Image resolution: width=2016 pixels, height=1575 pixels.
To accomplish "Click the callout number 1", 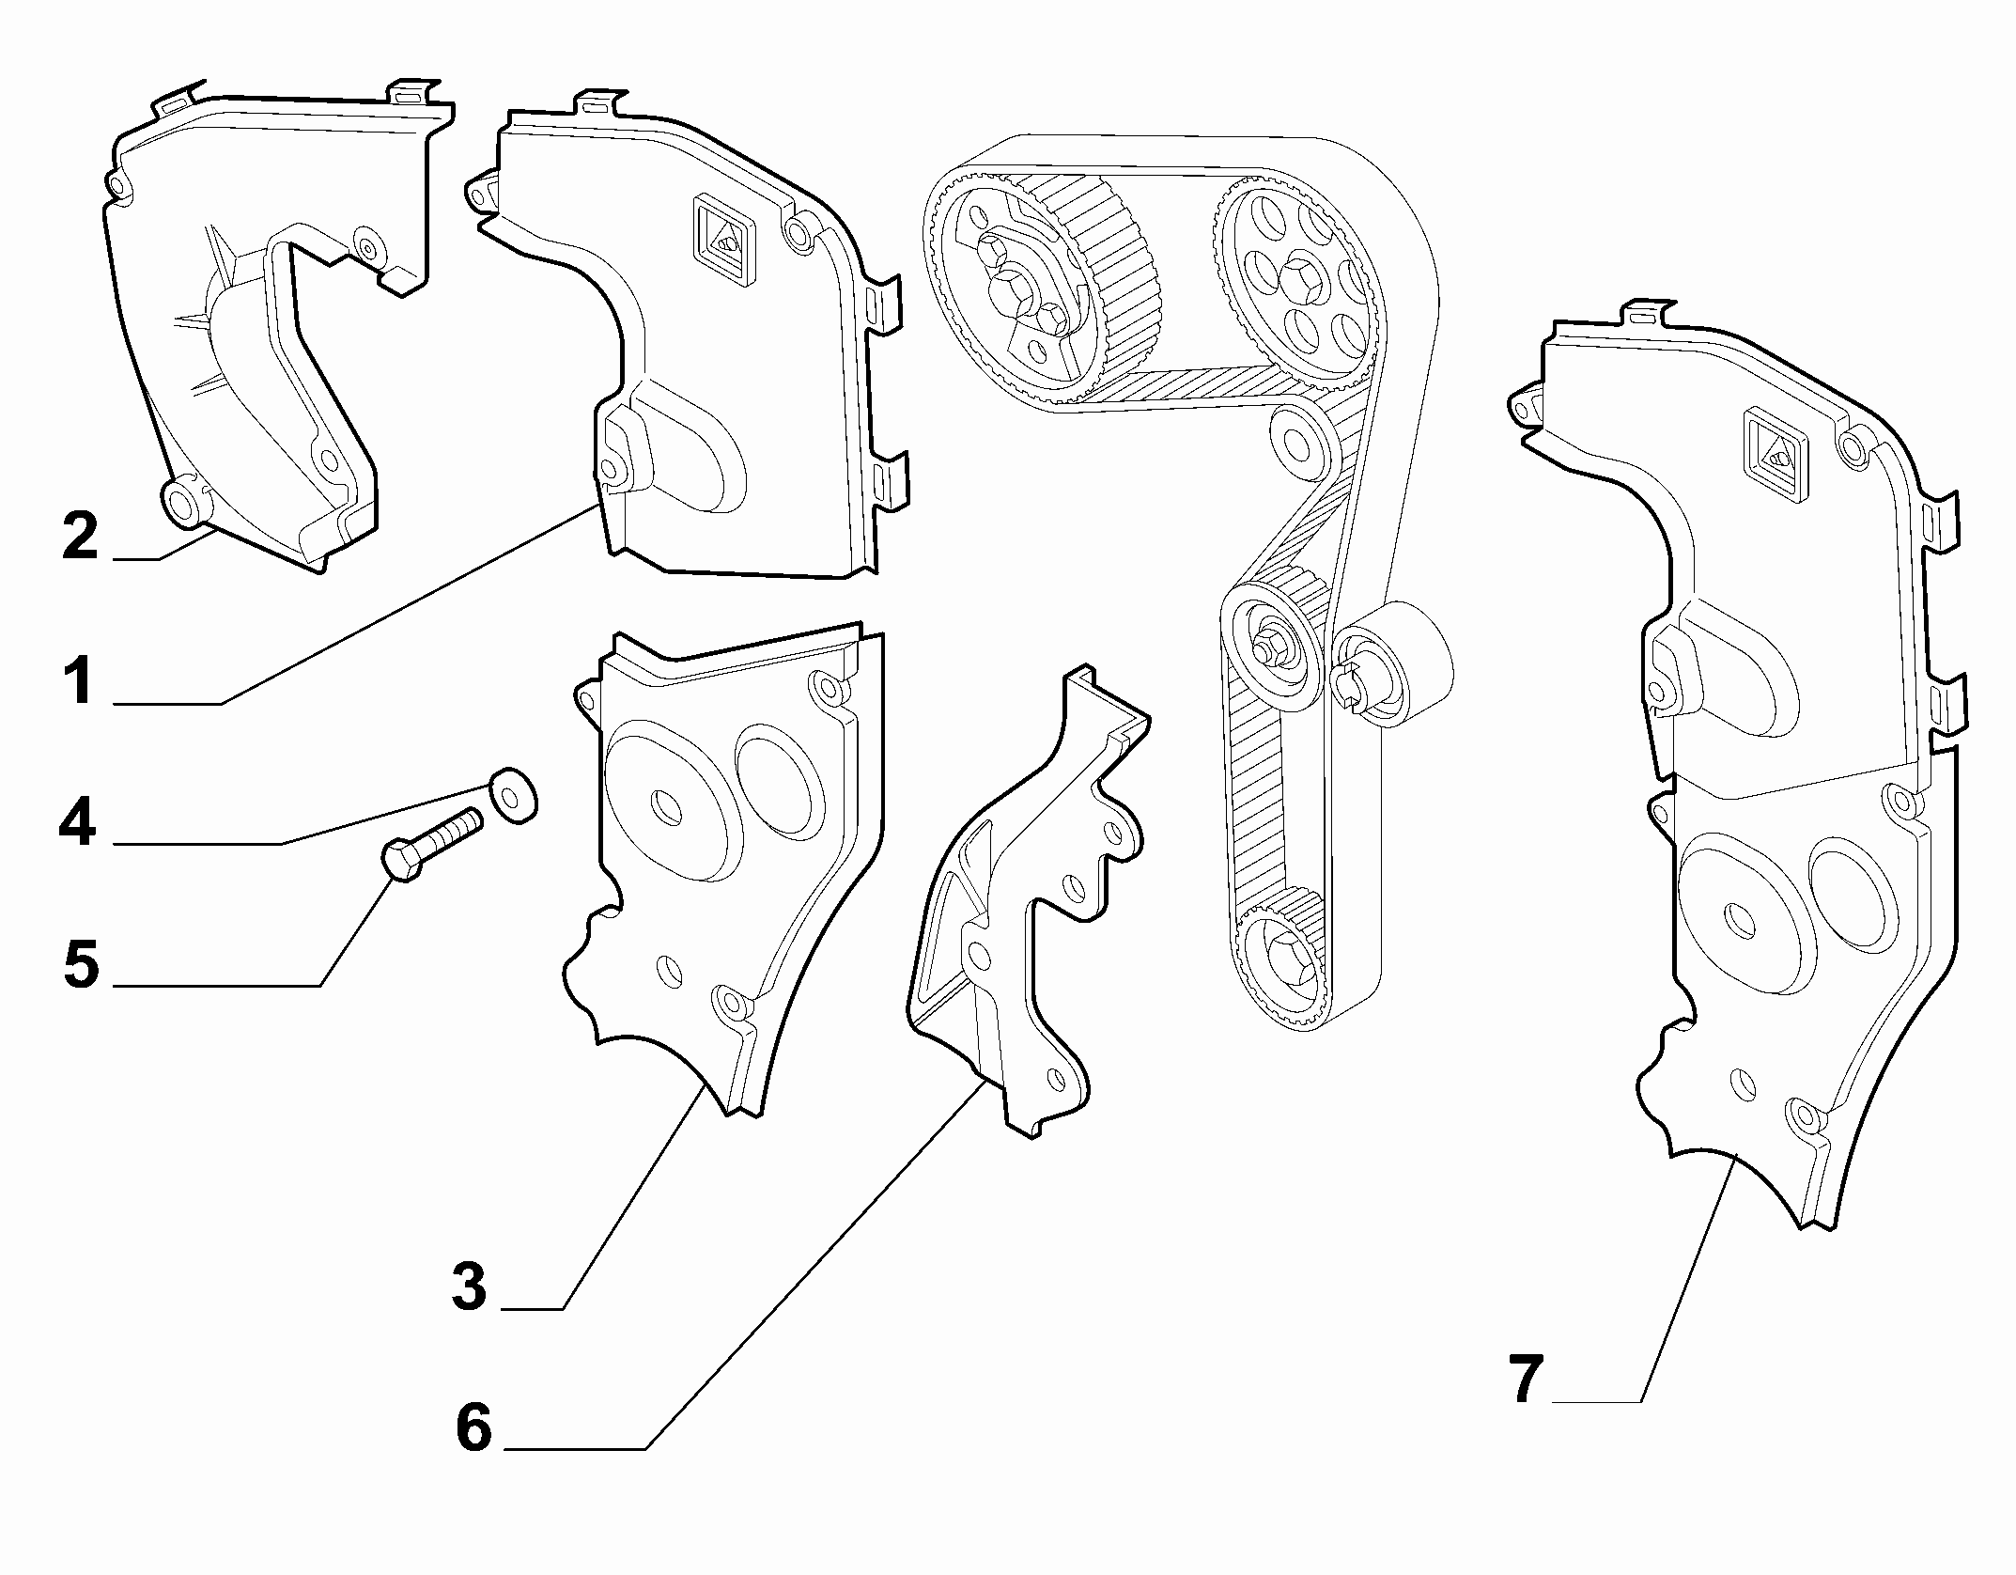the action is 79,682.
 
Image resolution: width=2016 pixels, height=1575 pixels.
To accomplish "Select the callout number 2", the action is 80,537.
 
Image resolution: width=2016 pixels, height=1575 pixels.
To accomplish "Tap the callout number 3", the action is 469,1287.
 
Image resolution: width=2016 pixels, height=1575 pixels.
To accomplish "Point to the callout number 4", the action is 77,823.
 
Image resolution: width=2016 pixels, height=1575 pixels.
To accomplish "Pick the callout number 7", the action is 1528,1380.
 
